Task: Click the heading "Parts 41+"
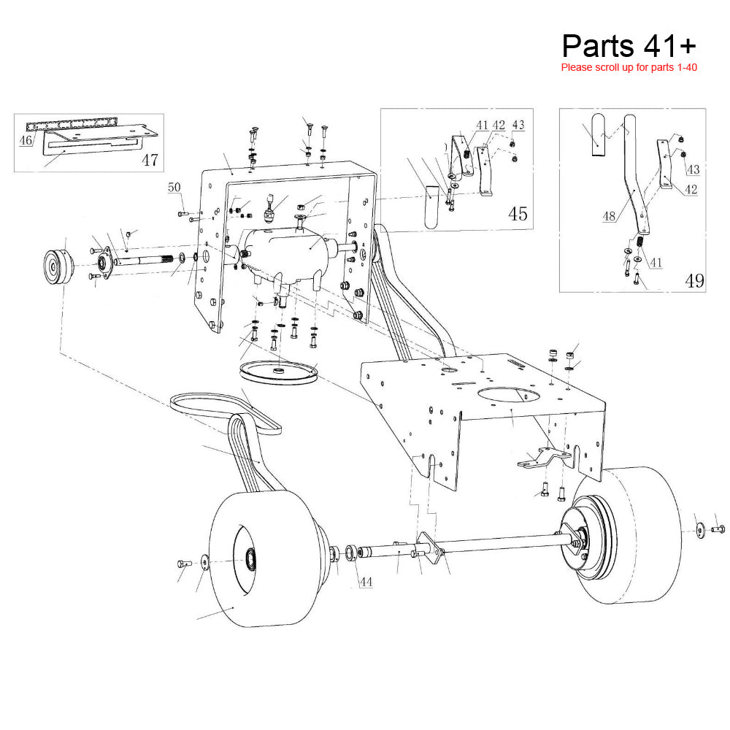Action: click(x=629, y=45)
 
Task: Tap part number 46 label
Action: click(x=26, y=139)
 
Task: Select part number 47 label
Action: click(x=150, y=159)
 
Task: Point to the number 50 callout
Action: click(x=174, y=188)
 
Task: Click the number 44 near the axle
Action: click(x=366, y=582)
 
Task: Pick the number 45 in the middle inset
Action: click(x=518, y=214)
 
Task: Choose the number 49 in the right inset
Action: click(x=694, y=280)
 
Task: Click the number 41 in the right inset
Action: click(x=656, y=261)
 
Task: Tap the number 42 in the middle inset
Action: click(x=499, y=126)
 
